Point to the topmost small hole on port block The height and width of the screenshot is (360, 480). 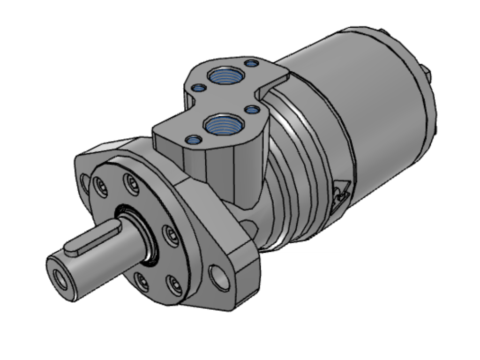252,63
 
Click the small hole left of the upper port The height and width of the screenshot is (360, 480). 199,88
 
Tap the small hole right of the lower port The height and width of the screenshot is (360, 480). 252,110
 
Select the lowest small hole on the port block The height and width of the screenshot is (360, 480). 193,139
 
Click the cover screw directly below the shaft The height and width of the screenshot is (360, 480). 141,281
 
